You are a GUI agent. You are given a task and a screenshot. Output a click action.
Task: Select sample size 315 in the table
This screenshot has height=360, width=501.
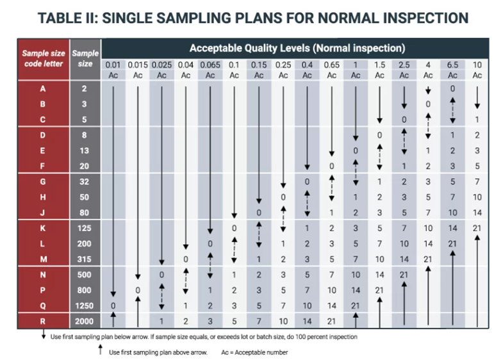(x=85, y=259)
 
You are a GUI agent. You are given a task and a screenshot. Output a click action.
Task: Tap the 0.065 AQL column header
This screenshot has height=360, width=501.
(x=209, y=64)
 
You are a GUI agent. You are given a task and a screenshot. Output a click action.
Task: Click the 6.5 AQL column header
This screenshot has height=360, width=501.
(x=452, y=64)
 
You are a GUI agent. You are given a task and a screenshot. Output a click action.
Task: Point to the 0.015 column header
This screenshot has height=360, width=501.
(x=137, y=64)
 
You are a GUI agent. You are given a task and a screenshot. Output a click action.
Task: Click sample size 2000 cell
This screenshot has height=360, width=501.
(x=85, y=320)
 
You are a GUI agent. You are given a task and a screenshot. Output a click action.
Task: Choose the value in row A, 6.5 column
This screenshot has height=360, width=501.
(x=452, y=88)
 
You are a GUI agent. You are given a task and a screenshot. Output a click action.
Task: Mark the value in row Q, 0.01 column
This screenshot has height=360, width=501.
(x=113, y=306)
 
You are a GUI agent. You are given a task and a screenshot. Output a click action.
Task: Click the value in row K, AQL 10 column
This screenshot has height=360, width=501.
(x=477, y=227)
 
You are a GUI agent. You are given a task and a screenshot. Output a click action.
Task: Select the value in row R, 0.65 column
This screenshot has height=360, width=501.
(x=331, y=320)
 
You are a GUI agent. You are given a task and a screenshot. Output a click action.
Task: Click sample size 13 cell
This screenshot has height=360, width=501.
(x=85, y=151)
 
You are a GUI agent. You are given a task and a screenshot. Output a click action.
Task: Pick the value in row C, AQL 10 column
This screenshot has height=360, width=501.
(x=477, y=119)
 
